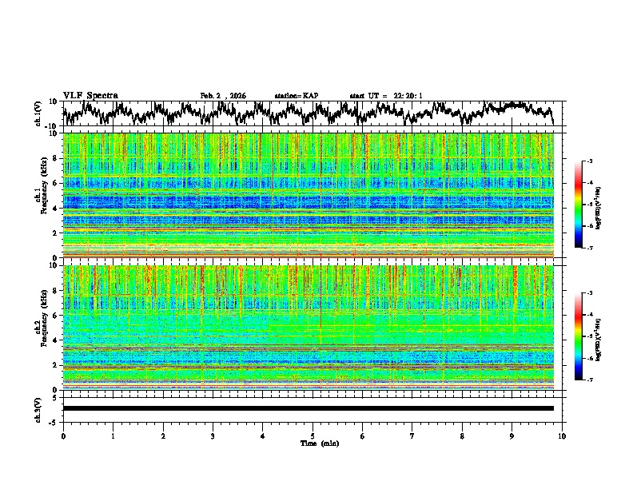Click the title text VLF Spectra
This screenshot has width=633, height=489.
pyautogui.click(x=90, y=95)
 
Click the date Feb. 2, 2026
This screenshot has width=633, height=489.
pyautogui.click(x=223, y=96)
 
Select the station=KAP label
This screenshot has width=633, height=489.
pyautogui.click(x=296, y=96)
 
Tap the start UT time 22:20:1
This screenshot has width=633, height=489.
pyautogui.click(x=386, y=96)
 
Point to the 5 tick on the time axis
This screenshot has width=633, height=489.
pyautogui.click(x=313, y=435)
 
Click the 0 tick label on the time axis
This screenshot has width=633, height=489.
pyautogui.click(x=63, y=435)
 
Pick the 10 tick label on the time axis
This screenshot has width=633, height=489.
pyautogui.click(x=562, y=435)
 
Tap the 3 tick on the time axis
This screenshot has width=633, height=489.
pyautogui.click(x=213, y=435)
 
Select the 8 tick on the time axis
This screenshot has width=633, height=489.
pyautogui.click(x=462, y=435)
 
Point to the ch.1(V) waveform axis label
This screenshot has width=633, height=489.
pyautogui.click(x=38, y=113)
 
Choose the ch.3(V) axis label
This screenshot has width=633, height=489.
pyautogui.click(x=38, y=408)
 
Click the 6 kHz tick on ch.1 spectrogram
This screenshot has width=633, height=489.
pyautogui.click(x=54, y=183)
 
